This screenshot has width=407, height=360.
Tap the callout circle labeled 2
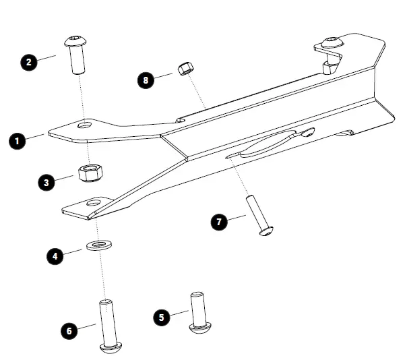coord(29,62)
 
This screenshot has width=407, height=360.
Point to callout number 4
coord(55,256)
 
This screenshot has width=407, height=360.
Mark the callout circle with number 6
coord(69,331)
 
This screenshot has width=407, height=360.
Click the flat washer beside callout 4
coord(99,244)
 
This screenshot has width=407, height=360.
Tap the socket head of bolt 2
coord(75,43)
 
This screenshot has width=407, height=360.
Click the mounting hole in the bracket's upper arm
coord(85,126)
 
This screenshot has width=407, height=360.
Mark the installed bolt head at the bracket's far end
coord(330,44)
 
